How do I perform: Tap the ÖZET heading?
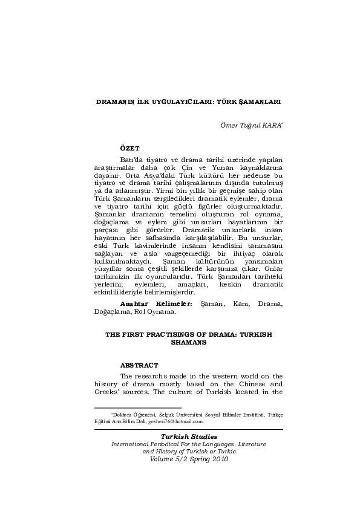pyautogui.click(x=130, y=148)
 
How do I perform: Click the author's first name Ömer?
pyautogui.click(x=220, y=125)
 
